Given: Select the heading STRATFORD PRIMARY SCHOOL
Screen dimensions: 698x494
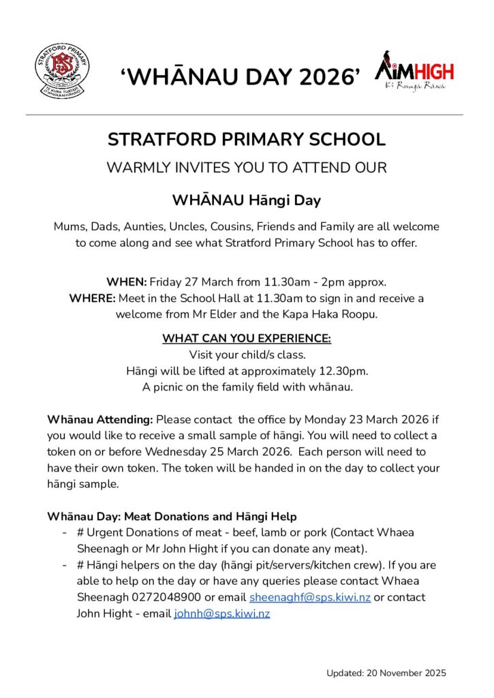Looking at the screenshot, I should pos(247,140).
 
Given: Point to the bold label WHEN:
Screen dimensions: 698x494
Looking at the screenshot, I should pos(126,282).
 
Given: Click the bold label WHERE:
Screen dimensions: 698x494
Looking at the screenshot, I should pos(92,299).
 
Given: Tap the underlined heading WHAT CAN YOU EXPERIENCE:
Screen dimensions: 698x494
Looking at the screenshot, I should pos(247,339).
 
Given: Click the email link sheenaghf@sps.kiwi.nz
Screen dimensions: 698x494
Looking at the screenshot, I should pos(310,598).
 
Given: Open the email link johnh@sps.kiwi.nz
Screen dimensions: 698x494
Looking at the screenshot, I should pos(222,614).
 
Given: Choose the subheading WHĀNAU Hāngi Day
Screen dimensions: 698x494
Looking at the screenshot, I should pos(247,200).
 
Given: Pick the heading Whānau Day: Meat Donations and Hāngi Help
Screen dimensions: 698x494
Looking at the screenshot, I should pos(172,517).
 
